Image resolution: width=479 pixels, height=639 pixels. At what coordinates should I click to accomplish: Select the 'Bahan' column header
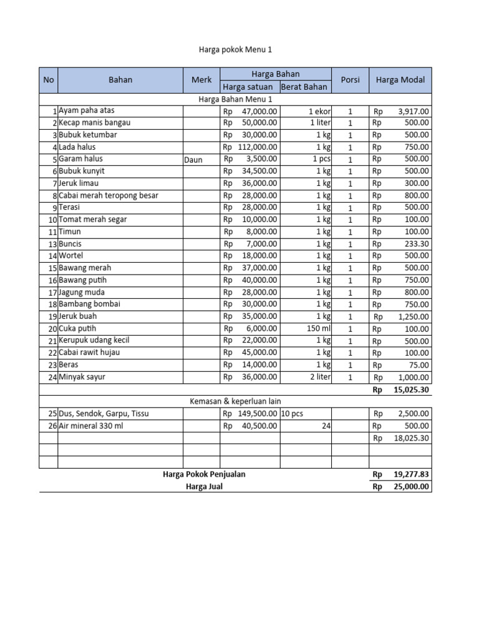pyautogui.click(x=120, y=80)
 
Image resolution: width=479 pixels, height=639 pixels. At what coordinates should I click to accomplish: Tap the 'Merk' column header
pyautogui.click(x=201, y=80)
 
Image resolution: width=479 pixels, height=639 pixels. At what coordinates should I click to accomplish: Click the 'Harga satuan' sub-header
pyautogui.click(x=248, y=87)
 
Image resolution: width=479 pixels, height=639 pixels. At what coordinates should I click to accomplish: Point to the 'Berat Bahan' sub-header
pyautogui.click(x=304, y=87)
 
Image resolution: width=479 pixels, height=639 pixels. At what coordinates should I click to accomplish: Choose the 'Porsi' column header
pyautogui.click(x=350, y=80)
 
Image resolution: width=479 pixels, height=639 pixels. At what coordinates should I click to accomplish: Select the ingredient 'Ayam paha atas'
pyautogui.click(x=87, y=110)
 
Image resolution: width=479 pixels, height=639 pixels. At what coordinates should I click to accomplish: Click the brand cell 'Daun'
pyautogui.click(x=193, y=160)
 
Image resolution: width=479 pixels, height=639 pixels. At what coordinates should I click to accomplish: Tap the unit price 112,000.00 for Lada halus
pyautogui.click(x=258, y=147)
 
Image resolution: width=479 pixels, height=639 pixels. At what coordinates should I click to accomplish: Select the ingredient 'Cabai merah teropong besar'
pyautogui.click(x=109, y=195)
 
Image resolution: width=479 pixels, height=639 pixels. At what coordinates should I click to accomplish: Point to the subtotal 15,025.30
pyautogui.click(x=411, y=389)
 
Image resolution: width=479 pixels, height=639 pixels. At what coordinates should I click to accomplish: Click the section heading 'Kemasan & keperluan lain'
pyautogui.click(x=235, y=401)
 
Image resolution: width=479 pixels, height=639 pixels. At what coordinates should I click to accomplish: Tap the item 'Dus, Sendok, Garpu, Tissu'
pyautogui.click(x=104, y=413)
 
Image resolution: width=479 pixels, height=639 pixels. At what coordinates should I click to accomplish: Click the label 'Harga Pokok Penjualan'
pyautogui.click(x=204, y=474)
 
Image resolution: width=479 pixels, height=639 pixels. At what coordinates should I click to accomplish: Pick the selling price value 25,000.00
pyautogui.click(x=411, y=487)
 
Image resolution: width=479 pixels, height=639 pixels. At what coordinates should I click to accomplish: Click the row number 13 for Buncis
pyautogui.click(x=52, y=244)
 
